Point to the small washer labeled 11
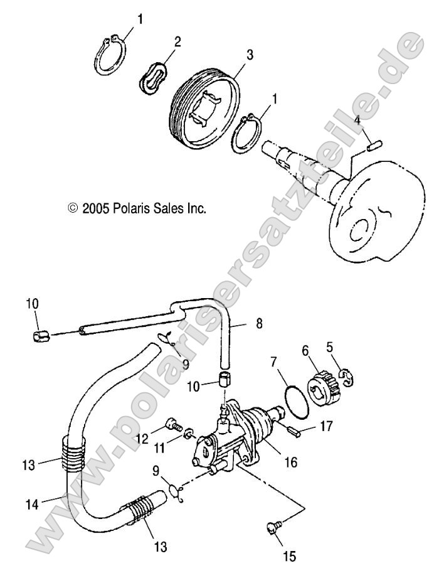pyautogui.click(x=188, y=434)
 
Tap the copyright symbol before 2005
pyautogui.click(x=73, y=207)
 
